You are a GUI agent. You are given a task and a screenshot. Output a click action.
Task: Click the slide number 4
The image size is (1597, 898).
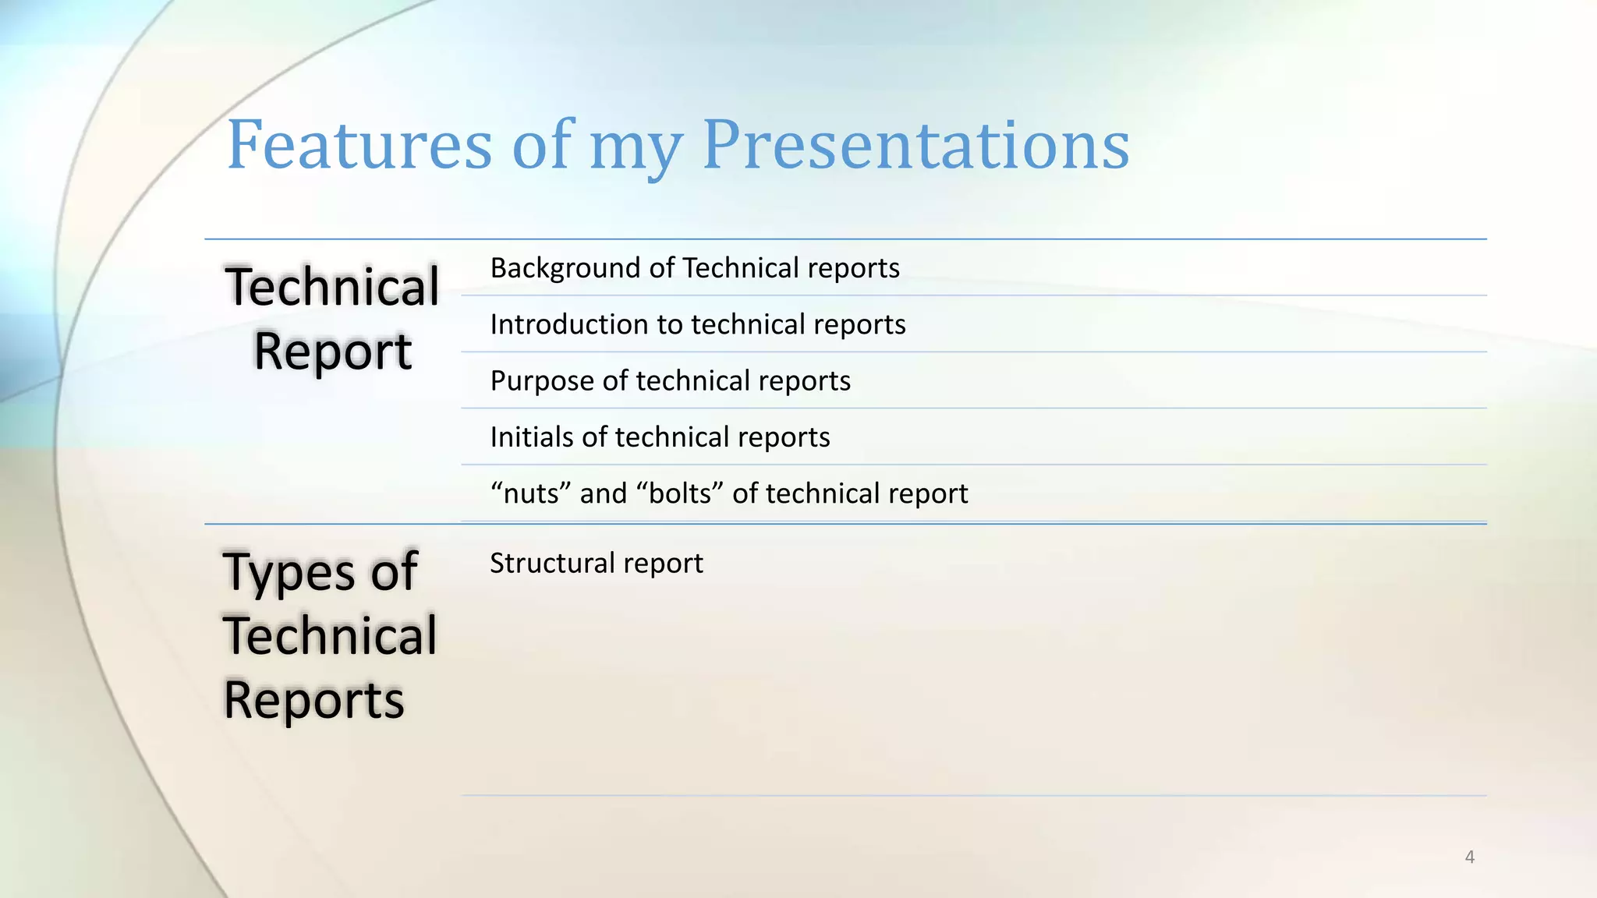[1469, 857]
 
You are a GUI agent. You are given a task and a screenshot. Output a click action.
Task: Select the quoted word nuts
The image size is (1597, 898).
[529, 493]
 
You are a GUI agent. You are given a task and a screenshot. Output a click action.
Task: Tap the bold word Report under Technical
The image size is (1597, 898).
[332, 352]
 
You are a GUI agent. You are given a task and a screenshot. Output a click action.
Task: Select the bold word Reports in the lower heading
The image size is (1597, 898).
[313, 699]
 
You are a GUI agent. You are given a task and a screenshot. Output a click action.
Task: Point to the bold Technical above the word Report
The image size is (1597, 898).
[332, 287]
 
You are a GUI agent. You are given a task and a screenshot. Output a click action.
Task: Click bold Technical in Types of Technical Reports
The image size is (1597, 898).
[330, 635]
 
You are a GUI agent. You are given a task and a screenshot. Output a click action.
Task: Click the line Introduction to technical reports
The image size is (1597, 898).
[697, 324]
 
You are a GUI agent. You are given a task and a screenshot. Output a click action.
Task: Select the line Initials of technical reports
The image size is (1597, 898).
[660, 437]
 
